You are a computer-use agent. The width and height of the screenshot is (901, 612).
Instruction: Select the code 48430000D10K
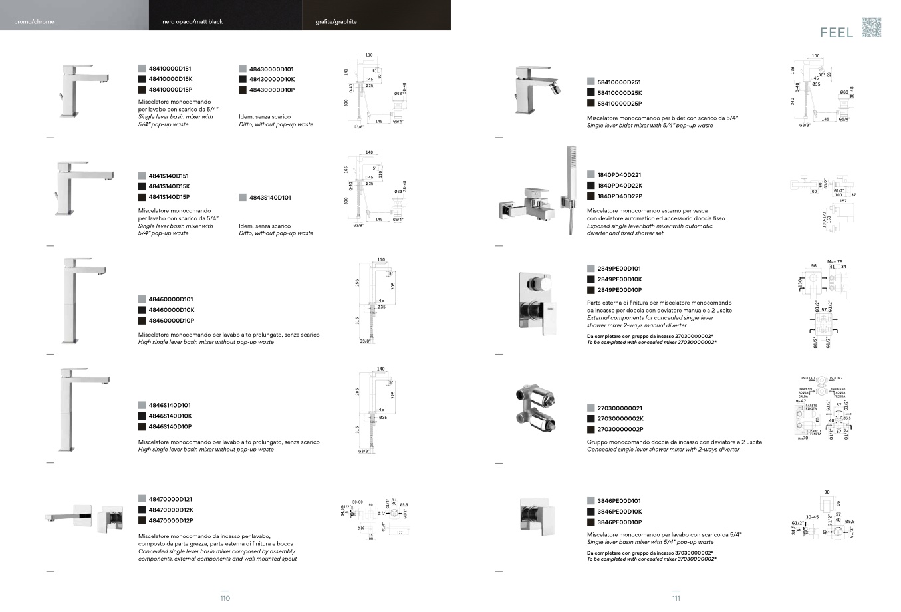click(x=271, y=80)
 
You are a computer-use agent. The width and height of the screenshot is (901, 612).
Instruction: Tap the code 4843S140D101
click(x=269, y=198)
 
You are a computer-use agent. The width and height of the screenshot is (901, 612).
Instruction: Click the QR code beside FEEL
click(x=871, y=27)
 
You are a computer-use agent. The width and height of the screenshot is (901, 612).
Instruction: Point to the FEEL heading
click(x=837, y=33)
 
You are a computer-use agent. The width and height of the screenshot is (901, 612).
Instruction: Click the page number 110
click(x=225, y=598)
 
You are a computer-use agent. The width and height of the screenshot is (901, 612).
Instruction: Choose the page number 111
click(x=676, y=598)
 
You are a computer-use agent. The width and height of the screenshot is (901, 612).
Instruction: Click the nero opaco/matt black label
click(x=193, y=22)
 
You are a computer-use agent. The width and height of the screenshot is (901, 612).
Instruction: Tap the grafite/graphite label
click(x=336, y=22)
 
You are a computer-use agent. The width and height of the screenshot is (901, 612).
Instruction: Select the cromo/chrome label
click(x=35, y=22)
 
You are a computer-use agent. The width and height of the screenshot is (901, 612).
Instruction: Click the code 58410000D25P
click(x=619, y=104)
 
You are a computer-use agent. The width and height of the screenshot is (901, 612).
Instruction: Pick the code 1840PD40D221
click(x=619, y=175)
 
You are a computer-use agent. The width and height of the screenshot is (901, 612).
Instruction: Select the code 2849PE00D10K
click(x=619, y=279)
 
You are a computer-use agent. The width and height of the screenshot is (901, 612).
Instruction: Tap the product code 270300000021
click(x=620, y=408)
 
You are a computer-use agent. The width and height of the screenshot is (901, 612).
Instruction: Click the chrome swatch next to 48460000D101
click(x=142, y=299)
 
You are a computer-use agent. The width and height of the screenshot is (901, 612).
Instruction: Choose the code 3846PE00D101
click(x=619, y=501)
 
